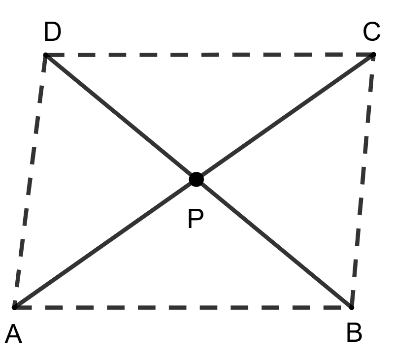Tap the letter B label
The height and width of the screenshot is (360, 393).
pos(354,333)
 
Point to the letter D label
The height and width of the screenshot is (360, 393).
pos(52,33)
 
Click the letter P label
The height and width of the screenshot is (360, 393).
pos(196,219)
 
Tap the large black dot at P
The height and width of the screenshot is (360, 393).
pos(196,180)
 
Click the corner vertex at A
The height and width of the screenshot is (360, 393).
pos(15,307)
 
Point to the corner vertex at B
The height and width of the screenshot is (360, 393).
pos(351,307)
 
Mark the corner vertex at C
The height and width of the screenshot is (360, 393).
pos(374,54)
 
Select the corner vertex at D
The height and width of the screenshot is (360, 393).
pos(45,55)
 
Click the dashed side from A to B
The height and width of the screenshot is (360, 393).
pos(182,307)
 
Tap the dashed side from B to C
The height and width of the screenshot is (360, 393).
pos(362,181)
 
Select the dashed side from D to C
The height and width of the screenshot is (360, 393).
pos(209,54)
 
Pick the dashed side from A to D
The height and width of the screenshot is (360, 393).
pos(30,181)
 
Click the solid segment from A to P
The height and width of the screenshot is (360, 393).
pos(105,243)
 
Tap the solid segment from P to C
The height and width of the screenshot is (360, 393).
pos(285,117)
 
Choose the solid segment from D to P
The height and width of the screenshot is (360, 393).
pos(121,117)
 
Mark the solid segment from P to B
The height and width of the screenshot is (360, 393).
pos(273,243)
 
